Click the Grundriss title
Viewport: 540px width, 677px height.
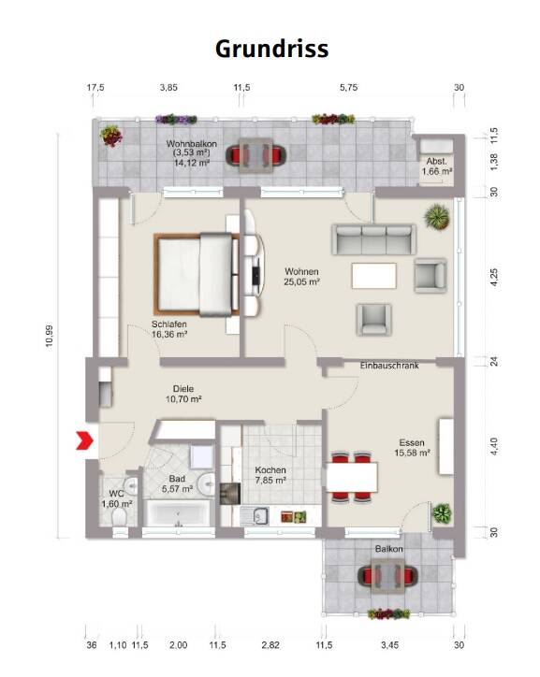point(271,49)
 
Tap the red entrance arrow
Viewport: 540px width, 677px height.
point(85,440)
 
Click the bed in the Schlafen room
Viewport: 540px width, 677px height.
point(197,275)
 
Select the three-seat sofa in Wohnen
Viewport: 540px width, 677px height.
point(373,239)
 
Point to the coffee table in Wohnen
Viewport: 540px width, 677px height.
point(374,276)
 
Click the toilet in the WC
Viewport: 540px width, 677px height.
point(118,516)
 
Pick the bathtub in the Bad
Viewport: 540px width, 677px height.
point(179,513)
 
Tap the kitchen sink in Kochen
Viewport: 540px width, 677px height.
point(255,515)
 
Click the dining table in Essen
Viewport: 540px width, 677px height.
point(352,477)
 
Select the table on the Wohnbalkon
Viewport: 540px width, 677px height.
point(255,154)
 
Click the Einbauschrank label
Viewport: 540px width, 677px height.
point(389,366)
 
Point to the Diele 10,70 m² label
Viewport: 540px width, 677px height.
point(183,394)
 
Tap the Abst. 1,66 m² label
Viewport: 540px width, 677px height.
point(437,166)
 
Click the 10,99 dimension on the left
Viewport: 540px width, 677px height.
point(50,336)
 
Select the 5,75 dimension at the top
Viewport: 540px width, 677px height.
point(349,87)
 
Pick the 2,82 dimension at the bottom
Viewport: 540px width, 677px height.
point(270,645)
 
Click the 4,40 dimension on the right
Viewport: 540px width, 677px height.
point(494,446)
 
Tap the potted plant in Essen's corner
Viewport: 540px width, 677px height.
point(442,513)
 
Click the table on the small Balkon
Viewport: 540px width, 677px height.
point(388,575)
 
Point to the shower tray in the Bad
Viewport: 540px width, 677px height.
point(202,457)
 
